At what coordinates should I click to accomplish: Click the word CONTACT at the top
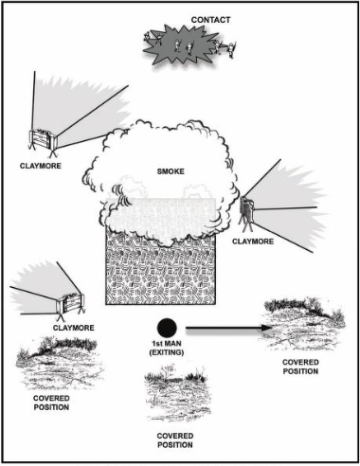point(210,20)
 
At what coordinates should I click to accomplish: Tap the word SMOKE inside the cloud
point(171,171)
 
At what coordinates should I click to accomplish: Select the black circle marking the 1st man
point(167,328)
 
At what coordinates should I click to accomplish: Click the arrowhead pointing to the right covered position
point(266,329)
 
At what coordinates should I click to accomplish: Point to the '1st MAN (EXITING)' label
point(167,348)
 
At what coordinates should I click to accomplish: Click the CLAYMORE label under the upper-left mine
point(41,166)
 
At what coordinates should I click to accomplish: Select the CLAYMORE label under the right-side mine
point(253,242)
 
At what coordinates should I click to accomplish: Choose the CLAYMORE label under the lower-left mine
point(74,328)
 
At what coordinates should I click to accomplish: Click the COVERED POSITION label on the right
point(300,367)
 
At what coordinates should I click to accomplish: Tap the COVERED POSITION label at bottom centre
point(175,440)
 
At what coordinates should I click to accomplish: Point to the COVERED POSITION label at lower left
point(51,403)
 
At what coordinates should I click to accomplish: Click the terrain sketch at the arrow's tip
point(304,324)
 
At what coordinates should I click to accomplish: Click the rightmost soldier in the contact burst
point(232,50)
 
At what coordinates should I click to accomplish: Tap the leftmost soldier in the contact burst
point(148,37)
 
